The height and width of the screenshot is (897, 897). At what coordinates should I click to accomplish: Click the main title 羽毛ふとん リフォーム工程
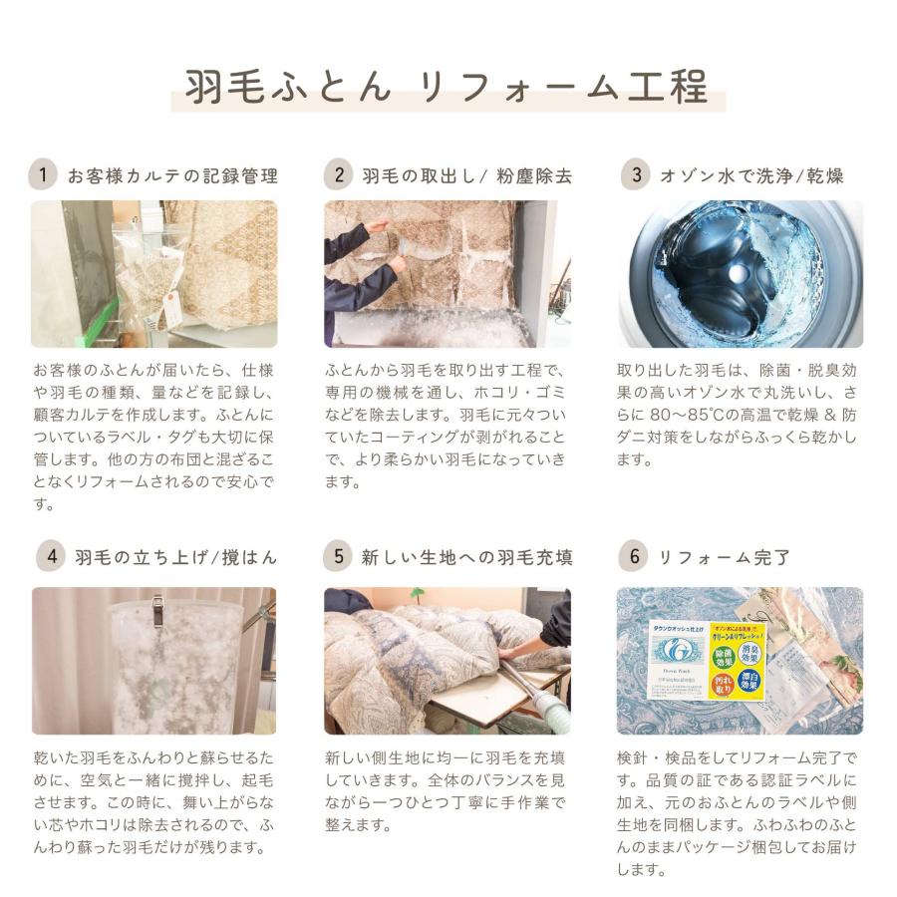(448, 88)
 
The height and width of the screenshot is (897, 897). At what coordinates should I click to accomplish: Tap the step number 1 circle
(42, 175)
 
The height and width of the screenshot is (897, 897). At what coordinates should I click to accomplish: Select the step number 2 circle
(339, 175)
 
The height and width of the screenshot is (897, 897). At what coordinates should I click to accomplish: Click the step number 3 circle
(634, 175)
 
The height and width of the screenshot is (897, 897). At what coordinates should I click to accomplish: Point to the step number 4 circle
(50, 556)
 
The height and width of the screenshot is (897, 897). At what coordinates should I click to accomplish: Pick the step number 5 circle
(339, 556)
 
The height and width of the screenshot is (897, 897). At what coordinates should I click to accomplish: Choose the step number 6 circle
(634, 556)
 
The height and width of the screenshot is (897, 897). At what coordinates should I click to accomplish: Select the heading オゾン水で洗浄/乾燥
(751, 176)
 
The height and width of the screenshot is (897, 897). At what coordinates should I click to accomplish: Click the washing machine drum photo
(739, 274)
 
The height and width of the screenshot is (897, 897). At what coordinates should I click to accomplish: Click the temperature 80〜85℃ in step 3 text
(691, 415)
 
